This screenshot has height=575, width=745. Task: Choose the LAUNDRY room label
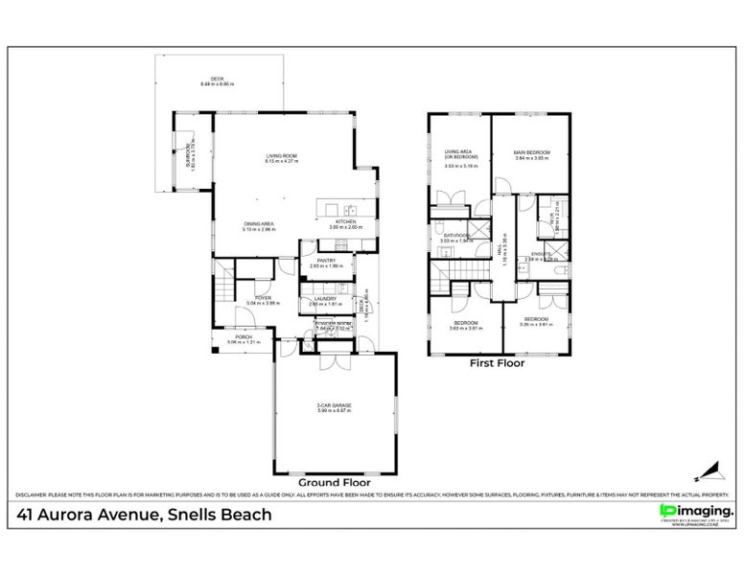point(324,300)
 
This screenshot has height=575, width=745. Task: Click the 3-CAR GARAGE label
point(334,408)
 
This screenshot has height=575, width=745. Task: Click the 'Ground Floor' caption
point(334,482)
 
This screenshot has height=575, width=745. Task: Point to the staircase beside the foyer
point(222,283)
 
